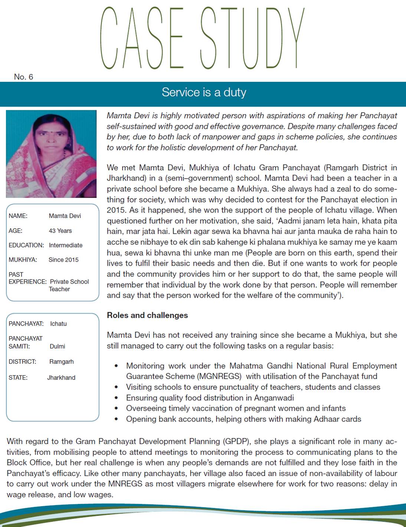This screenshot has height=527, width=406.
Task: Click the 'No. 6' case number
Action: point(23,77)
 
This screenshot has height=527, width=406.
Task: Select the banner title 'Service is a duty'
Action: point(204,92)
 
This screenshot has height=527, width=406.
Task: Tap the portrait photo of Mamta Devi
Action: point(51,154)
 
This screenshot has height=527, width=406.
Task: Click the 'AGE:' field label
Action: point(16,231)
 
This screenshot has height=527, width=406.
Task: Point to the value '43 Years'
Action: point(60,231)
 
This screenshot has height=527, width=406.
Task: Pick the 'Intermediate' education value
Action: point(65,245)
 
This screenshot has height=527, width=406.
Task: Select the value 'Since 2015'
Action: point(63,260)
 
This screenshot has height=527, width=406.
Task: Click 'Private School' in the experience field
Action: point(69,282)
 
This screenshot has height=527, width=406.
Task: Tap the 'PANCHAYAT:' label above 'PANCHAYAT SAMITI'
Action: point(26,324)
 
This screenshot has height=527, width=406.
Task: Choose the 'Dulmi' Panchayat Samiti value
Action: point(57,346)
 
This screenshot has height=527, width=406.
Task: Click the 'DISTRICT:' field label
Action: point(22,362)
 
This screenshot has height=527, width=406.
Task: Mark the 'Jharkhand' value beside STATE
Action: point(61,378)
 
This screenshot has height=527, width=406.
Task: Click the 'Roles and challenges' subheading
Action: point(147,315)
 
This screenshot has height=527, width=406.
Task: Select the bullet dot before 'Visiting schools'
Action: point(117,387)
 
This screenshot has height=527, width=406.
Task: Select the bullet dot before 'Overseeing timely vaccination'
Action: point(117,408)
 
